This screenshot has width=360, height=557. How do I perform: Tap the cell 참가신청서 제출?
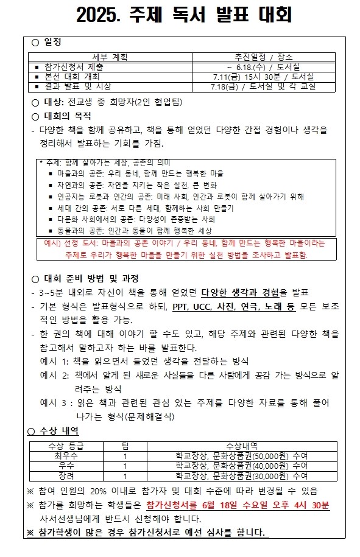coord(74,67)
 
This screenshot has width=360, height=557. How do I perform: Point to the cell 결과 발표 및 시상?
coord(77,86)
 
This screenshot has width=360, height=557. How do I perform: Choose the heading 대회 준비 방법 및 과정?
coord(91,279)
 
